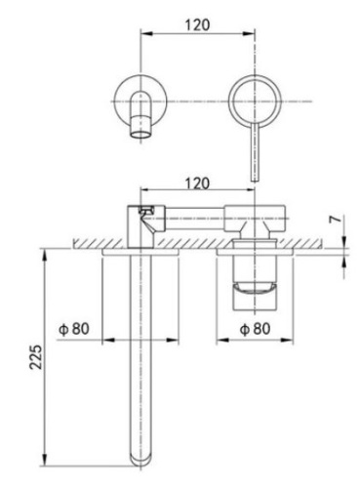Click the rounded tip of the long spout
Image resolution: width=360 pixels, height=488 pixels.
coord(142,457)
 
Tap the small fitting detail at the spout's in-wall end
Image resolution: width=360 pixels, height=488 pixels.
coord(146,210)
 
